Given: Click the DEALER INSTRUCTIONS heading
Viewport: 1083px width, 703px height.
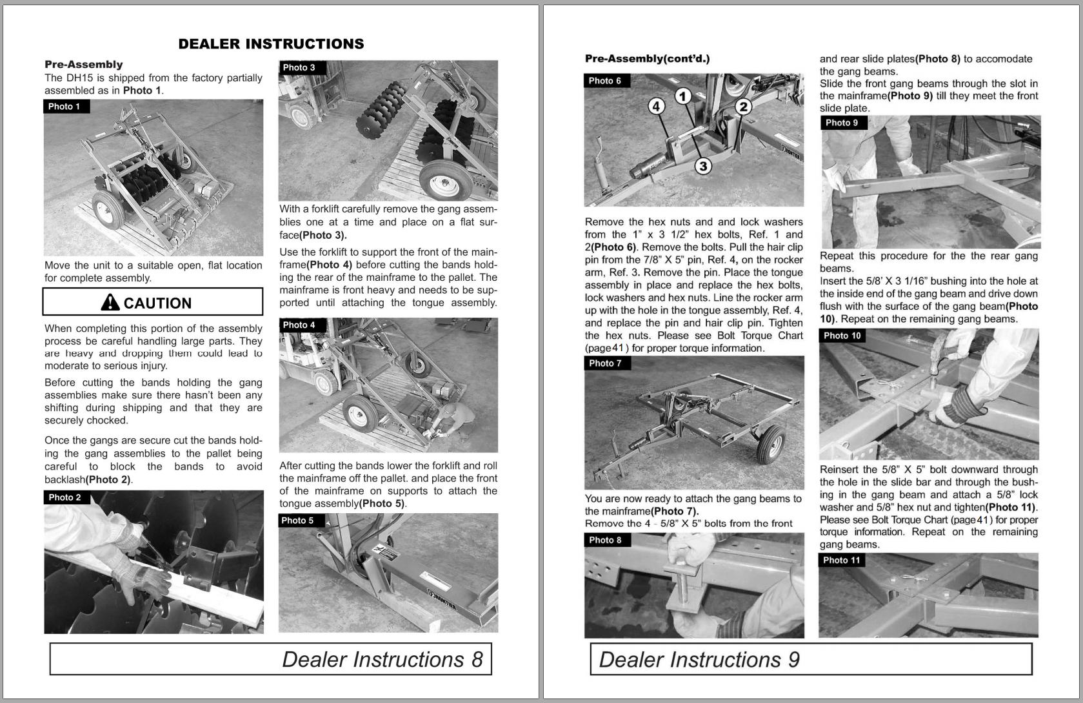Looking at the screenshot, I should coord(271,44).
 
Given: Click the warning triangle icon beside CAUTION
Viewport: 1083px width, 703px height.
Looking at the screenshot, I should coord(110,302).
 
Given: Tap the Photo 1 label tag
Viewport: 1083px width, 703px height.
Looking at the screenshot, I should coord(65,107).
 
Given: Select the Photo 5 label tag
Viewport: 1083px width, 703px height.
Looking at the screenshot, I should coord(299,520).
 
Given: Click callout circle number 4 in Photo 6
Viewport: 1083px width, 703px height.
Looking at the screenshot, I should coord(656,106).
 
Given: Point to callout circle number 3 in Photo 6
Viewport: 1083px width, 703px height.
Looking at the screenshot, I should coord(702,166).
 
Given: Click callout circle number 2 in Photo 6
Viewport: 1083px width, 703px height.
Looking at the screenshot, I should coord(743,107).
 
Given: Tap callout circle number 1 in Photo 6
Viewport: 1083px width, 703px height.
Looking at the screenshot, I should coord(683,96).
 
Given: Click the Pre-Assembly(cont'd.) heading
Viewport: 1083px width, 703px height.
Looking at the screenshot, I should coord(647,59).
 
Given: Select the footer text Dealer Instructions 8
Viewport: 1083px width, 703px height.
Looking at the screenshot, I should coord(382,659).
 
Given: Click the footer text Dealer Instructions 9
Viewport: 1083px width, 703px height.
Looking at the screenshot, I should coord(699,659).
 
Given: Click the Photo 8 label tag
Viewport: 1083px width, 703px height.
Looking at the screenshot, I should coord(606,540).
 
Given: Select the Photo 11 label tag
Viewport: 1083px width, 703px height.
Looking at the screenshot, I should coord(842,560).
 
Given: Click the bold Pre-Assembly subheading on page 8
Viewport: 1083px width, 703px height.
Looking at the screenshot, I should coord(83,65).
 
